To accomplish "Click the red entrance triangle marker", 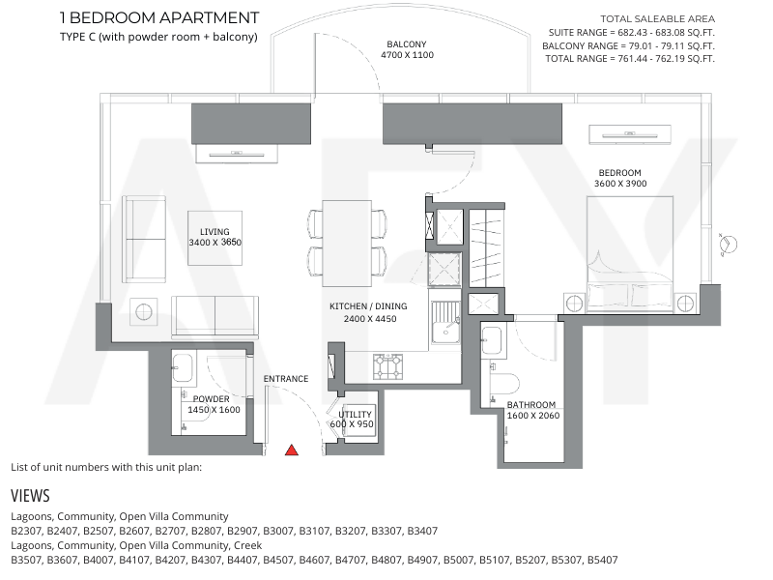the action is pos(292,449).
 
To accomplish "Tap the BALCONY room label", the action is pos(407,44).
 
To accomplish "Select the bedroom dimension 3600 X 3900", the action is pos(620,184).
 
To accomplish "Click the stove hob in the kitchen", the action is pos(387,367).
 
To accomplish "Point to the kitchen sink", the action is pos(445,323).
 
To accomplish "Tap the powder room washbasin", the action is pos(183,367).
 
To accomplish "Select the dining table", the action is pos(347,244).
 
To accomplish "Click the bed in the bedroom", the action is pos(630,254).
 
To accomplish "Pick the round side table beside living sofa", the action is pos(143,311).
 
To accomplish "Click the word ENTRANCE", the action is pos(286,379).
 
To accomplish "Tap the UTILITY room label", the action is pos(355,415).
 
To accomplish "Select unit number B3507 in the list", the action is pos(27,560).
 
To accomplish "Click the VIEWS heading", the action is pos(31,496).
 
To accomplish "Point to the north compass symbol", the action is pos(729,245).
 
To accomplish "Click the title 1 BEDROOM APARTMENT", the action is pos(159,17).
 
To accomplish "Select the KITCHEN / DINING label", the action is pos(368,306).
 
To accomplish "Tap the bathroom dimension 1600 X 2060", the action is pos(533,416).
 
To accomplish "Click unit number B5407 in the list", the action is pos(602,560).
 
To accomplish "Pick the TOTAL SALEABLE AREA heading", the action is pos(658,19).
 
